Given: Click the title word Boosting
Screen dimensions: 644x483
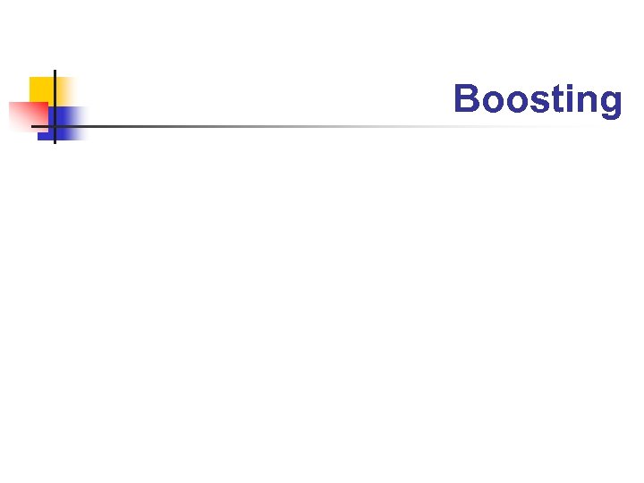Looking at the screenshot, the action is pyautogui.click(x=537, y=99).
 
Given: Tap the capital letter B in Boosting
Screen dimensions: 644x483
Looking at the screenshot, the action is pyautogui.click(x=466, y=98).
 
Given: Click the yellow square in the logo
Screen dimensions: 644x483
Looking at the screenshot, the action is pyautogui.click(x=42, y=89).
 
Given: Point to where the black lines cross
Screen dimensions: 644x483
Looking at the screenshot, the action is pyautogui.click(x=55, y=126).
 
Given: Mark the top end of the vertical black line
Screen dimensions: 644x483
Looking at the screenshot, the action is pyautogui.click(x=55, y=71).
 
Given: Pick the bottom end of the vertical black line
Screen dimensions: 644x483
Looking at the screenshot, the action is pyautogui.click(x=55, y=142).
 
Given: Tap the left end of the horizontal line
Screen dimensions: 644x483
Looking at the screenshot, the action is pyautogui.click(x=33, y=126).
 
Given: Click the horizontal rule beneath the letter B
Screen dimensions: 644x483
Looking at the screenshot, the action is pyautogui.click(x=466, y=126).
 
